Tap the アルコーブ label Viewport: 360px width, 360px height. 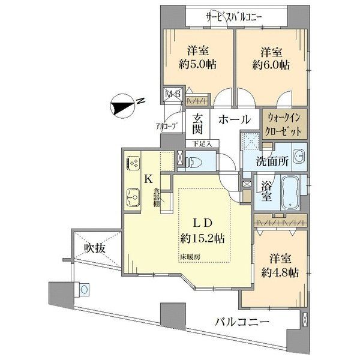tap(165, 125)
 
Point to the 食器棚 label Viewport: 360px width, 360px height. tap(155, 198)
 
